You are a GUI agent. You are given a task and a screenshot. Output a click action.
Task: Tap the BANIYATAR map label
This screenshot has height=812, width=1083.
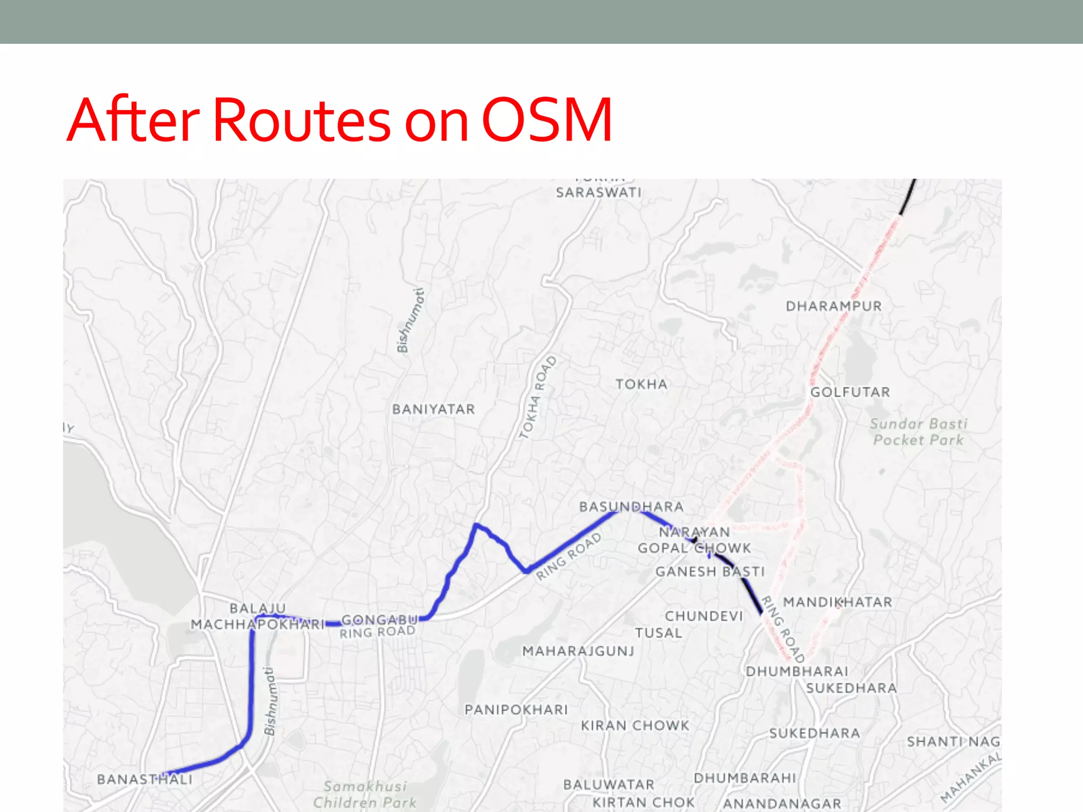[x=434, y=409]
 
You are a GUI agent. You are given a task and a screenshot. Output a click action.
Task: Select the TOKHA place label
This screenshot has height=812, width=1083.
[x=641, y=384]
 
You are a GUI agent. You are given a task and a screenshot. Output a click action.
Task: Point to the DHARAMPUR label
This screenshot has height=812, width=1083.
[x=834, y=306]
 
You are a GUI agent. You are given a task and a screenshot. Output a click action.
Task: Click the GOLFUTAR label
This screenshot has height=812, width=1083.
[x=850, y=392]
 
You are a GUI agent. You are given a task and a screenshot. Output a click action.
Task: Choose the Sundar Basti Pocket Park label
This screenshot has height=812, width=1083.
[x=919, y=432]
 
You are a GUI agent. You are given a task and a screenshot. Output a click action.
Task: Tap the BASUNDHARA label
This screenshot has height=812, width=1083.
[x=631, y=506]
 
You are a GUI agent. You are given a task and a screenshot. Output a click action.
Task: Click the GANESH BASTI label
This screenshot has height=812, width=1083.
[x=710, y=571]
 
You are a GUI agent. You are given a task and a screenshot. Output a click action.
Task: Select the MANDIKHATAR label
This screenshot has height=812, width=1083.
[x=838, y=602]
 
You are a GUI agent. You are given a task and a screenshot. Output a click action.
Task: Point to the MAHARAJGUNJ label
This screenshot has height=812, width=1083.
[x=578, y=651]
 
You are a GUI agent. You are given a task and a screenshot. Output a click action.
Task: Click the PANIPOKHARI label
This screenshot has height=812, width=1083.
[x=516, y=709]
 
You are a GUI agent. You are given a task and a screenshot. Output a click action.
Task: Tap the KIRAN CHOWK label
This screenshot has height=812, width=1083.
[x=635, y=725]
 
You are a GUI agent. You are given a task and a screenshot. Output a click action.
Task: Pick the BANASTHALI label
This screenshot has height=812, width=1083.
[x=145, y=779]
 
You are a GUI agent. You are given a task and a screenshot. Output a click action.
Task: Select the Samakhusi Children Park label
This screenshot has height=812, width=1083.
[x=365, y=795]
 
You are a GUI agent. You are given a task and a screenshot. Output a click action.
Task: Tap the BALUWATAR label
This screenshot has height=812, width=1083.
[x=609, y=785]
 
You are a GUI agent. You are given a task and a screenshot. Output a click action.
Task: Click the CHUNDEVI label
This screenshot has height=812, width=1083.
[x=704, y=616]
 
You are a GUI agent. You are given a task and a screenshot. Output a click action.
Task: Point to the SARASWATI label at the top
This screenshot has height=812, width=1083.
[x=599, y=192]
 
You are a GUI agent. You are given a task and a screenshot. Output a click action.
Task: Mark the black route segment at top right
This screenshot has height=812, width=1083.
[x=907, y=198]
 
